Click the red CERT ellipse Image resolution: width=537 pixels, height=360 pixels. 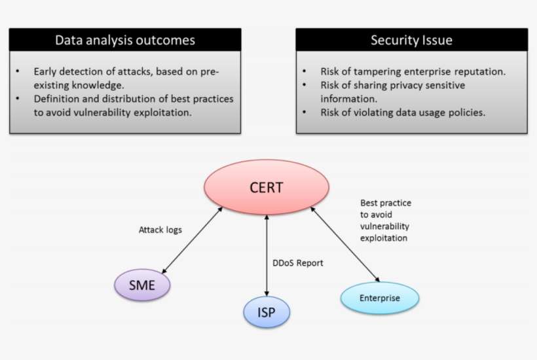click(266, 188)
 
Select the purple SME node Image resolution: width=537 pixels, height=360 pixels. click(142, 285)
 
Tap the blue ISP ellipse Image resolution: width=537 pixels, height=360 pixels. click(267, 312)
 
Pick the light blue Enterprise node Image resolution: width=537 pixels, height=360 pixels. click(379, 298)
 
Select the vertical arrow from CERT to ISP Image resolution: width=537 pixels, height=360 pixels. click(267, 255)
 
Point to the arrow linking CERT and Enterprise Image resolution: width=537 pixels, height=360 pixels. click(344, 242)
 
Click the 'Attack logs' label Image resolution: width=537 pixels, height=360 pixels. click(160, 230)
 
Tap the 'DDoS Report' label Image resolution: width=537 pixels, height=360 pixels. click(298, 263)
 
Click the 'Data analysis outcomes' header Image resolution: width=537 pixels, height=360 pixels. click(124, 40)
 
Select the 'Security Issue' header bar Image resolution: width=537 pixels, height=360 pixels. click(411, 40)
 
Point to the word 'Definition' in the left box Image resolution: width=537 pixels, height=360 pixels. click(56, 99)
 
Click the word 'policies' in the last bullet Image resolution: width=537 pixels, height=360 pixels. click(466, 113)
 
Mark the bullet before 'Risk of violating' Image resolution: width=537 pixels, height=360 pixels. click(305, 113)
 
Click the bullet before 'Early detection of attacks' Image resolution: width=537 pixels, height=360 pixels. click(18, 71)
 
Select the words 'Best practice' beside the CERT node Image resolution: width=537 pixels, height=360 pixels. click(386, 203)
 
